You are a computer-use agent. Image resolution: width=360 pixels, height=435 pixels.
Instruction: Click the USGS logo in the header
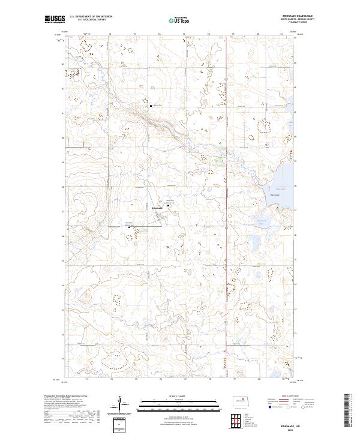coord(55,19)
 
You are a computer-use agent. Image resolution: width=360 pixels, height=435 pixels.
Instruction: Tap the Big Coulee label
coord(277,194)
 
